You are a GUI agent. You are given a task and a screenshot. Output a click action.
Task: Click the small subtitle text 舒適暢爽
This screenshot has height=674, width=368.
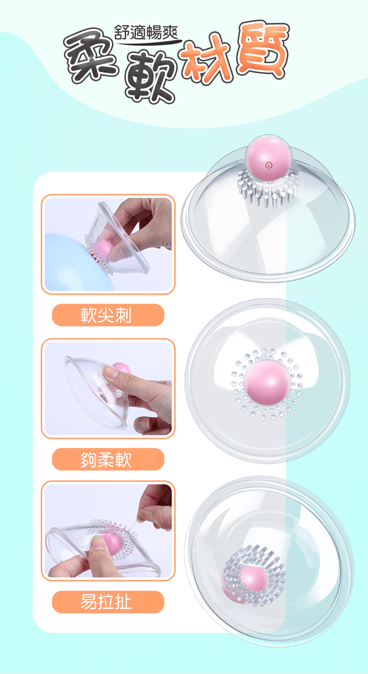pos(147,32)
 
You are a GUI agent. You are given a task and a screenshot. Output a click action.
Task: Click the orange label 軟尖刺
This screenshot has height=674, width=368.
pos(106,315)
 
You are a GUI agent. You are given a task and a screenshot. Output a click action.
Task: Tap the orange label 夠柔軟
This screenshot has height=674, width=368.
pos(106,460)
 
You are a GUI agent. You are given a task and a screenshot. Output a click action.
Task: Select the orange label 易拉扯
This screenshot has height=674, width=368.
pos(106,602)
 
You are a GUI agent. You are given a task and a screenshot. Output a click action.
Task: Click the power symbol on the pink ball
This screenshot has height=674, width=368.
pos(269,165)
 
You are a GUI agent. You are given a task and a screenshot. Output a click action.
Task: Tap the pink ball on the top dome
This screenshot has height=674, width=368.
pos(268,158)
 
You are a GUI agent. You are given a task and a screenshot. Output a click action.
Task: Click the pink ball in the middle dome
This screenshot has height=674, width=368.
pos(267,383)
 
